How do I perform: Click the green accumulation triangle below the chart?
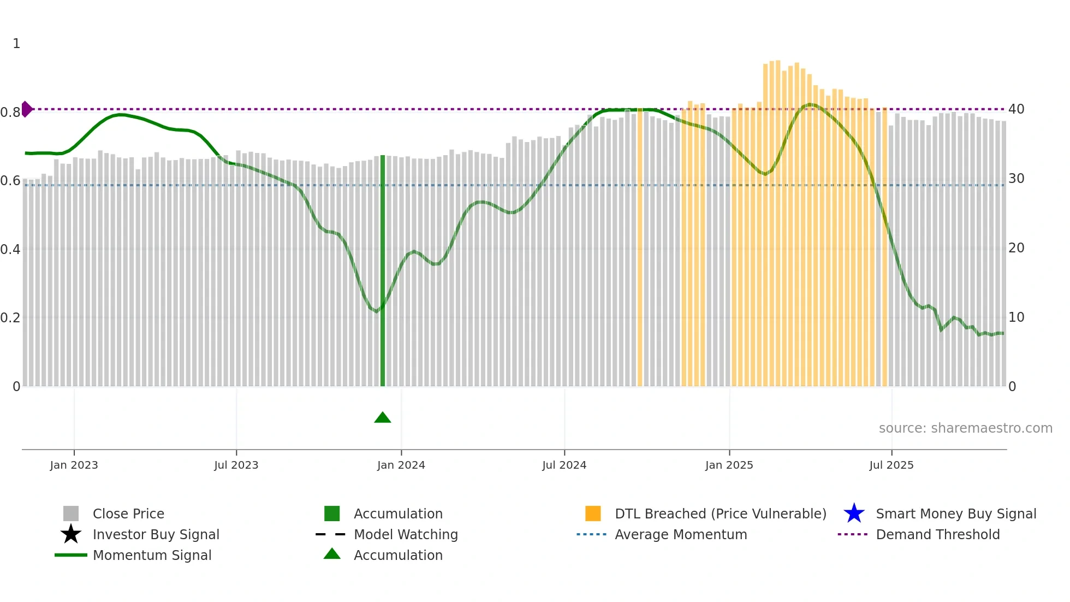[x=383, y=418]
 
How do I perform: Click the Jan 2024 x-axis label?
[x=401, y=465]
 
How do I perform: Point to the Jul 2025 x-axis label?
[x=891, y=465]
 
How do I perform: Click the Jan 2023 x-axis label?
[x=74, y=465]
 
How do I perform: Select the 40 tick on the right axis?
[x=1016, y=109]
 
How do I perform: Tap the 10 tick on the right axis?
[x=1016, y=317]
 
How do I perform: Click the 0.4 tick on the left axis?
[x=10, y=250]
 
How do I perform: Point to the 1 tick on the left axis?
[x=16, y=44]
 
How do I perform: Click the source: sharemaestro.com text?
[x=965, y=428]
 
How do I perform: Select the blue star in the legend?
[x=854, y=514]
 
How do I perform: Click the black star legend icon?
[x=71, y=534]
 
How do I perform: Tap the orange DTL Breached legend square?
[x=593, y=514]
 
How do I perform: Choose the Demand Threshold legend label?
[x=937, y=534]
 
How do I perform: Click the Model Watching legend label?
[x=406, y=534]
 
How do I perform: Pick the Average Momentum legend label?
[x=681, y=534]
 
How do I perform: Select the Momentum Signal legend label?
[x=152, y=555]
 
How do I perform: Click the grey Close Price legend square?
[x=71, y=514]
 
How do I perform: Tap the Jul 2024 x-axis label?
[x=564, y=465]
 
